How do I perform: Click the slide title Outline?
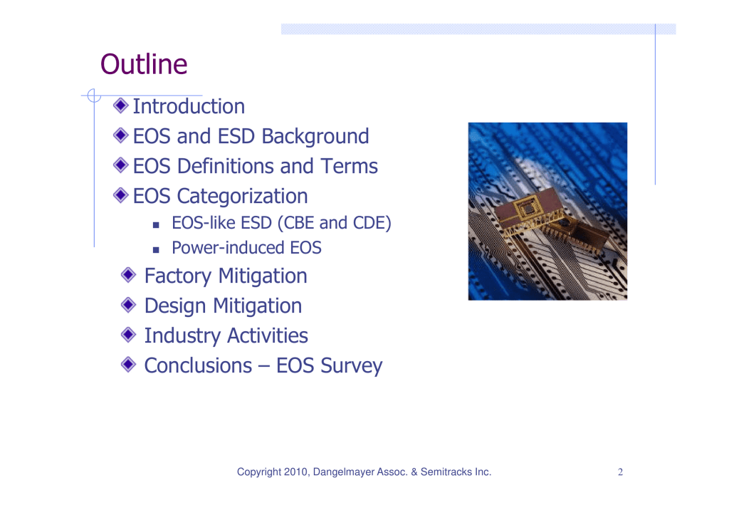point(144,64)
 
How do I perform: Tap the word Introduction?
point(189,106)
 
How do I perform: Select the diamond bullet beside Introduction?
point(121,105)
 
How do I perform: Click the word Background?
point(315,137)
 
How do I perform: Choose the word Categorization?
point(242,197)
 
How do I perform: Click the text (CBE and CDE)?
point(335,223)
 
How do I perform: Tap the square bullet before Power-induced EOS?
point(156,250)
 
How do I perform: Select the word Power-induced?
point(229,247)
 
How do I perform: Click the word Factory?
point(178,276)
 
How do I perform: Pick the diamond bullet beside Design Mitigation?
point(128,305)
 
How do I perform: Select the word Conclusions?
point(199,365)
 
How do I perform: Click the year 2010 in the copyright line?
point(295,472)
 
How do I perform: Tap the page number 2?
point(620,472)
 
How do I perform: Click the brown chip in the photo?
point(530,211)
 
